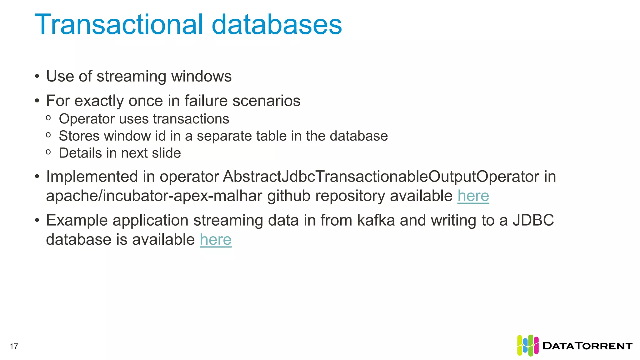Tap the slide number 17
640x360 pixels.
point(14,346)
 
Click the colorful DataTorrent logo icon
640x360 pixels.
point(527,345)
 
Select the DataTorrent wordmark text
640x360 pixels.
point(587,346)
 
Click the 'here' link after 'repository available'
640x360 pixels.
point(473,196)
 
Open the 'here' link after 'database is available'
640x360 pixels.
point(216,240)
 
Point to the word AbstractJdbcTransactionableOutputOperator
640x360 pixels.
point(325,177)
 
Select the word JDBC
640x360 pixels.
point(533,220)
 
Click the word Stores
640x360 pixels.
point(79,136)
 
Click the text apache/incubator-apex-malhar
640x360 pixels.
point(154,196)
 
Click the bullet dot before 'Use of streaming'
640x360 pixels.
point(37,77)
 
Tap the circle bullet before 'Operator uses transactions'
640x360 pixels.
point(48,118)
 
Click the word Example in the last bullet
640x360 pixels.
point(77,220)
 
